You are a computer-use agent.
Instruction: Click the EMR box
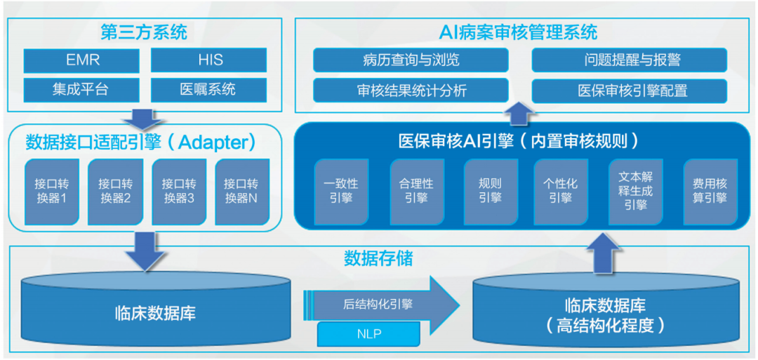pos(82,60)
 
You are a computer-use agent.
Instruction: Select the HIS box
pos(209,60)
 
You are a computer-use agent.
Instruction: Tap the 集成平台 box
pos(82,89)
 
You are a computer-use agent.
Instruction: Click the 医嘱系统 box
pos(209,89)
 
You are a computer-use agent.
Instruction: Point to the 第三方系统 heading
pos(144,32)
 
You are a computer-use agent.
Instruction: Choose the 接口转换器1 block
pos(51,191)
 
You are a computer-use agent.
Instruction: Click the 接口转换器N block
pos(241,191)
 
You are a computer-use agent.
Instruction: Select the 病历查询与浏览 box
pos(410,60)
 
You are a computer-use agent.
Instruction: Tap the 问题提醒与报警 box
pos(629,60)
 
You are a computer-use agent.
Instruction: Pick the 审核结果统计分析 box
pos(410,90)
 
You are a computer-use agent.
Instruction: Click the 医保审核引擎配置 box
pos(629,90)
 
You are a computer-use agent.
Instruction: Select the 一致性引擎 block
pos(340,191)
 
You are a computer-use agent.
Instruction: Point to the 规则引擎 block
pos(491,191)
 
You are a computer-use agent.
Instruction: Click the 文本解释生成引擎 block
pos(635,191)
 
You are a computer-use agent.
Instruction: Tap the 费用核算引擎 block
pos(710,191)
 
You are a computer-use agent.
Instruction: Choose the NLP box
pos(368,334)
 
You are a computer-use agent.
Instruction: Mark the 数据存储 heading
pos(378,258)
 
